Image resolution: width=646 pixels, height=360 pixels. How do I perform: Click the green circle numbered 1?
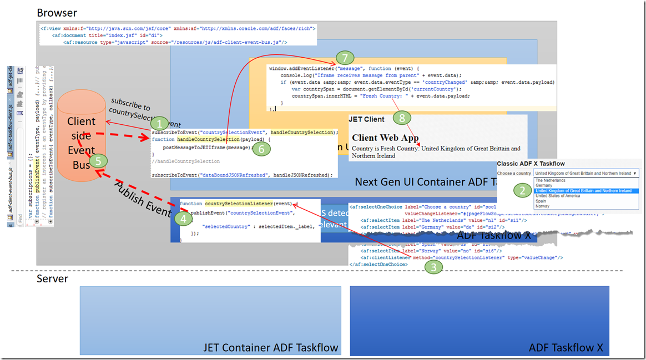pyautogui.click(x=160, y=124)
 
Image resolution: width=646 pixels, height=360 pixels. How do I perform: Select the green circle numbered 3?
pyautogui.click(x=433, y=266)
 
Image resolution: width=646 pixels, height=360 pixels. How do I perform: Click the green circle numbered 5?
pyautogui.click(x=98, y=161)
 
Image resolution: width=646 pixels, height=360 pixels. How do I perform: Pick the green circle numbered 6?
pyautogui.click(x=263, y=148)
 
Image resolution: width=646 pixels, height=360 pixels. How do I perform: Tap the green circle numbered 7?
pyautogui.click(x=344, y=57)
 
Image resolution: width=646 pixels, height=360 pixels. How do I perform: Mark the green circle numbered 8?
pyautogui.click(x=401, y=117)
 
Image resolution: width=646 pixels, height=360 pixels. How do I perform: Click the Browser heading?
pyautogui.click(x=57, y=13)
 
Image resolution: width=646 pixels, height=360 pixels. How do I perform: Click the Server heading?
pyautogui.click(x=52, y=278)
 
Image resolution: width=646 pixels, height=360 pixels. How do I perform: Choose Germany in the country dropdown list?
pyautogui.click(x=544, y=185)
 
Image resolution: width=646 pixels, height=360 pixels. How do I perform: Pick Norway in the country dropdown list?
pyautogui.click(x=542, y=206)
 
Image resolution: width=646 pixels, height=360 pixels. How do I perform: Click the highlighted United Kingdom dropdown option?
pyautogui.click(x=583, y=191)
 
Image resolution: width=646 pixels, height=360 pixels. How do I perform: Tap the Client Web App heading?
pyautogui.click(x=385, y=138)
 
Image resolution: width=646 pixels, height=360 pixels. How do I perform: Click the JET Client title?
pyautogui.click(x=366, y=119)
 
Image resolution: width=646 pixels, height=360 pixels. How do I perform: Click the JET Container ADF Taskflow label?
pyautogui.click(x=270, y=348)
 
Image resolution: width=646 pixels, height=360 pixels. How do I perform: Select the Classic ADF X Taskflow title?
pyautogui.click(x=531, y=164)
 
